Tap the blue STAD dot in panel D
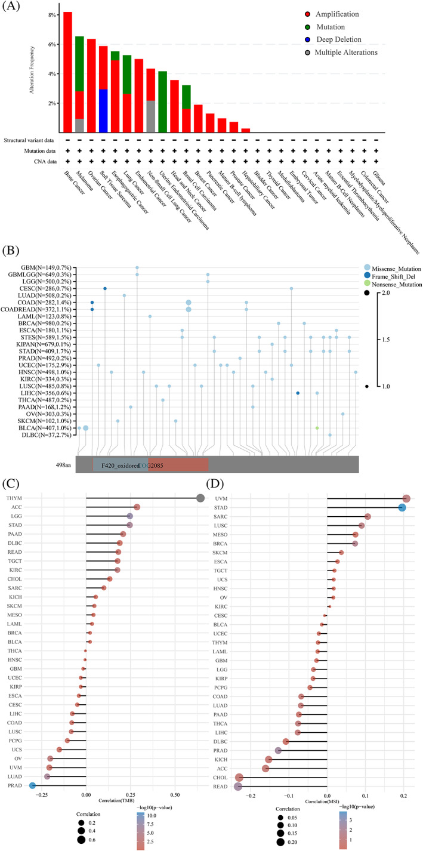tap(402, 508)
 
